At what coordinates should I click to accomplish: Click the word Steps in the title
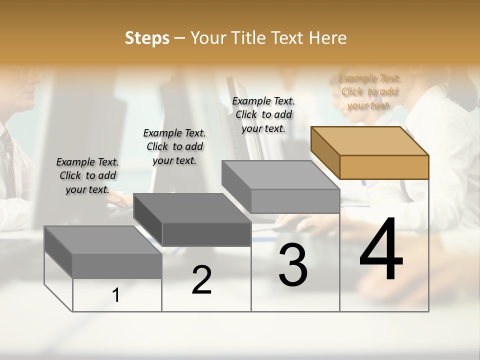[147, 38]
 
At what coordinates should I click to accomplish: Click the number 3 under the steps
[293, 265]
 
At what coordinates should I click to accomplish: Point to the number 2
[201, 280]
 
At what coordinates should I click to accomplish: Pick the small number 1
[116, 295]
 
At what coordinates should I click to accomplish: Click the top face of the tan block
[370, 140]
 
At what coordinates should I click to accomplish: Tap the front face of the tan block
[384, 167]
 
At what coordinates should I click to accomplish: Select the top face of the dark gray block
[192, 207]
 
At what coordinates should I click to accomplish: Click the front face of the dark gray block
[206, 234]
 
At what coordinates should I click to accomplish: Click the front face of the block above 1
[117, 266]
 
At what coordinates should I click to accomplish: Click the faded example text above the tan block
[369, 91]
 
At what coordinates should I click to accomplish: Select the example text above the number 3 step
[263, 114]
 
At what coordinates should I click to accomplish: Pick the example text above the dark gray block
[174, 146]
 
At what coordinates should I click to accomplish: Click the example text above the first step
[87, 175]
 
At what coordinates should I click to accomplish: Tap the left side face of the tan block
[325, 152]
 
